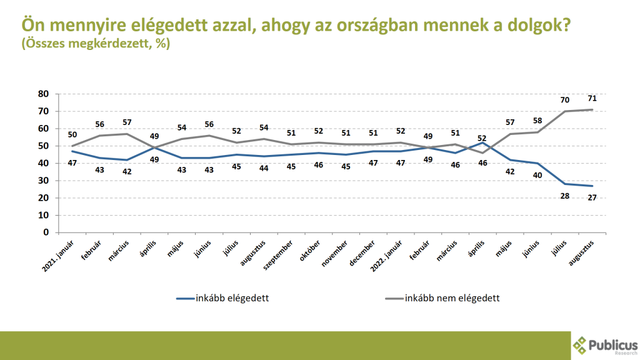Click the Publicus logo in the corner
tap(605, 346)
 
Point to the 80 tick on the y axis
tap(43, 94)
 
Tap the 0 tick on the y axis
tap(46, 232)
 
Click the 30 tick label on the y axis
tap(43, 181)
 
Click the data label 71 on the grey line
tap(591, 99)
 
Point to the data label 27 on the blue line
tap(591, 197)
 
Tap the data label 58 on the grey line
tap(537, 120)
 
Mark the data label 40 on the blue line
tap(537, 175)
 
